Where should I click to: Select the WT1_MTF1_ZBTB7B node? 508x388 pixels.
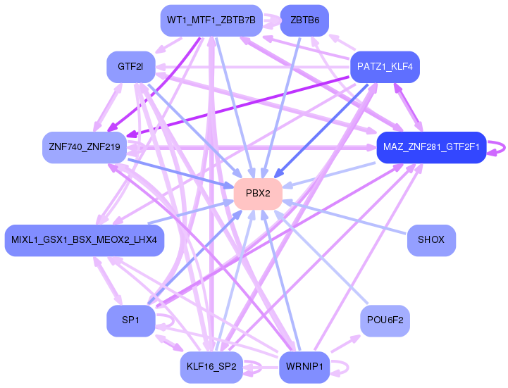(211, 20)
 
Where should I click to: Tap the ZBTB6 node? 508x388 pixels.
(304, 20)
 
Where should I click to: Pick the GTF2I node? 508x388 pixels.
(131, 67)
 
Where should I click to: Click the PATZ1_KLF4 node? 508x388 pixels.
(385, 67)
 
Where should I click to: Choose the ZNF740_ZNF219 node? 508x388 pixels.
(85, 147)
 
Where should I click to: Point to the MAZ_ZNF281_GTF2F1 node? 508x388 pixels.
(431, 147)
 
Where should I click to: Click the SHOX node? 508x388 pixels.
(431, 240)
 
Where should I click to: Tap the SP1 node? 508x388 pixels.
(131, 320)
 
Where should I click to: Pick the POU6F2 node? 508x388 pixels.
(385, 320)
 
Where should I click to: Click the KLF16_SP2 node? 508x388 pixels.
(211, 367)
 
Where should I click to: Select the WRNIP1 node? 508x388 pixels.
(304, 367)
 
